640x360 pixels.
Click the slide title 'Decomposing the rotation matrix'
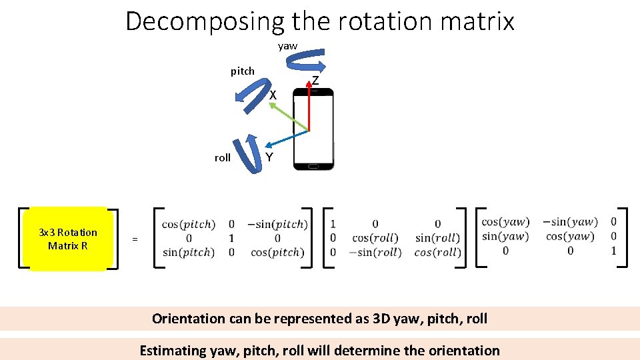point(320,21)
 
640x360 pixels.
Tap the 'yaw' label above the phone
point(287,46)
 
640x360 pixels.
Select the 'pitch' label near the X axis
point(242,71)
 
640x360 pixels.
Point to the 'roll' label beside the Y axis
point(223,158)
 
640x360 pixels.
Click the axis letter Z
point(315,81)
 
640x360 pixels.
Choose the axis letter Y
point(269,157)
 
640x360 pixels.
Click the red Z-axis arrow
point(309,107)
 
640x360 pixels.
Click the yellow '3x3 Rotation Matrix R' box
point(68,239)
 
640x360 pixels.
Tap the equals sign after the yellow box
point(135,239)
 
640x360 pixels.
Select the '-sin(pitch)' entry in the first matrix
point(277,224)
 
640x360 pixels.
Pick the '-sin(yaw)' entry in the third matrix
point(570,222)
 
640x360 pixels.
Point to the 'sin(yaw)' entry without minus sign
point(505,236)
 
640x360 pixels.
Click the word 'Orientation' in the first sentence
point(189,319)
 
